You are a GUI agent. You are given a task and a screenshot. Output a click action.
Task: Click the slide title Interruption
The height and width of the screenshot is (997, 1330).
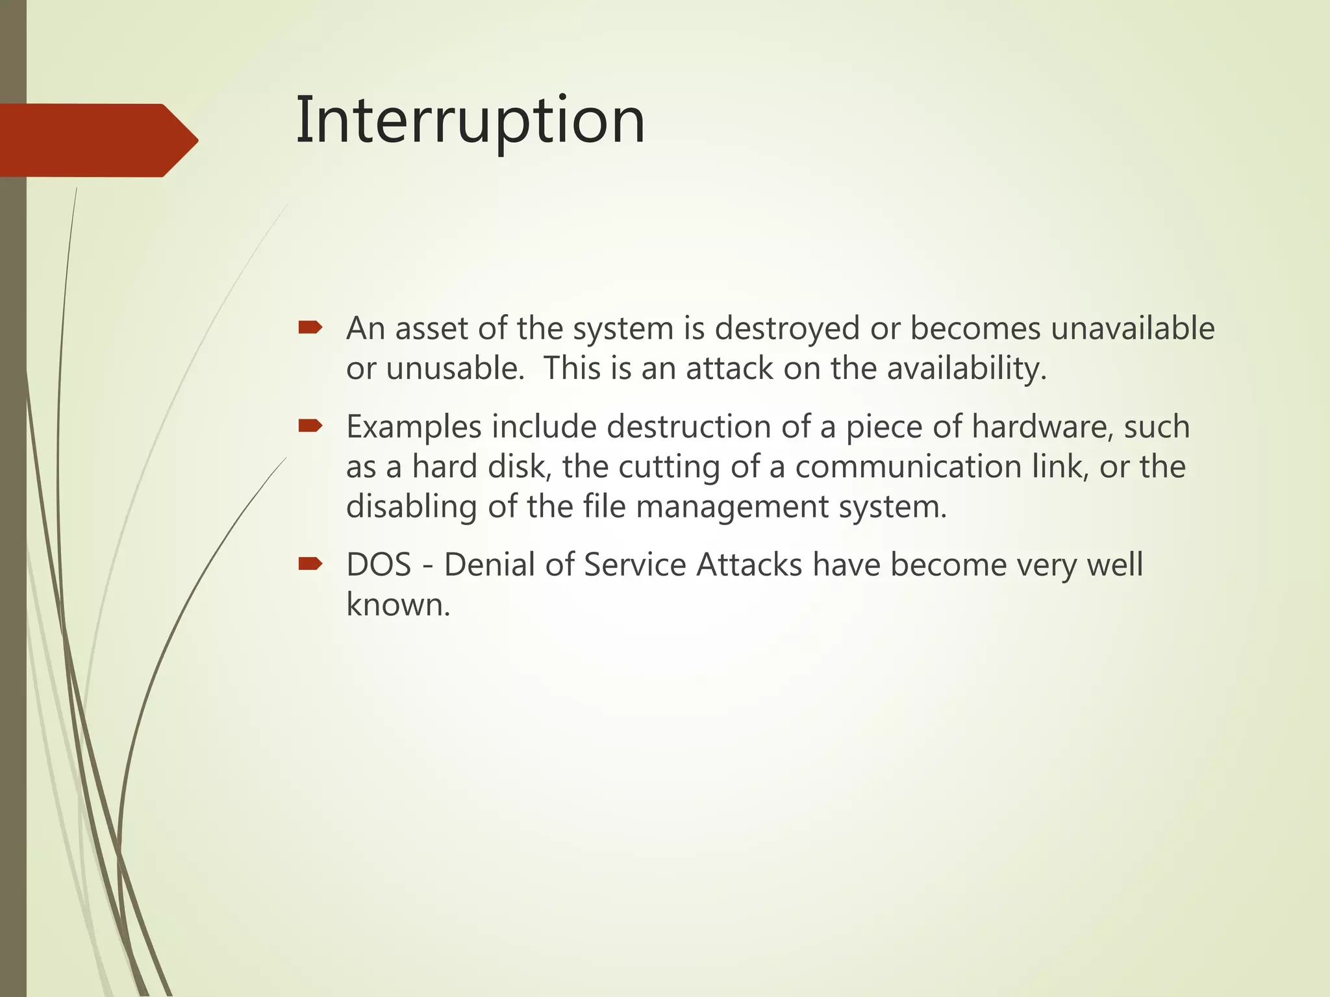tap(470, 121)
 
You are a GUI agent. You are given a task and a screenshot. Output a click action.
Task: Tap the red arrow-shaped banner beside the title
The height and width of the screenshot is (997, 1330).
tap(97, 140)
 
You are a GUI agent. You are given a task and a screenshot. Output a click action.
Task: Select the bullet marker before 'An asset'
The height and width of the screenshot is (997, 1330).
tap(310, 328)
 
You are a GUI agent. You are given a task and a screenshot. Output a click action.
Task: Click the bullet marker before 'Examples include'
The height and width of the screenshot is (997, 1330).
tap(310, 426)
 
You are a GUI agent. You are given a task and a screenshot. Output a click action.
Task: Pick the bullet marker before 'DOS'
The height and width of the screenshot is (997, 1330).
tap(310, 563)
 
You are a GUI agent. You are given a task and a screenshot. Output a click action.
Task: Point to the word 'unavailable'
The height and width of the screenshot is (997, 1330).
tap(1133, 328)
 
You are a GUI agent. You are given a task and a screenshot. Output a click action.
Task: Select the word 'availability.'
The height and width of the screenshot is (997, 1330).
tap(967, 369)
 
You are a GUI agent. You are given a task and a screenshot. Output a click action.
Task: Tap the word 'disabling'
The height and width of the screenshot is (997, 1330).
tap(411, 506)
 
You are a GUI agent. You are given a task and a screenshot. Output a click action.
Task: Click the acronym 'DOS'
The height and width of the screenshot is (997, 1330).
tap(379, 565)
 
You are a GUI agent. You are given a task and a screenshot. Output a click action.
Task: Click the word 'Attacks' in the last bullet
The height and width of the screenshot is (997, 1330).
tap(749, 565)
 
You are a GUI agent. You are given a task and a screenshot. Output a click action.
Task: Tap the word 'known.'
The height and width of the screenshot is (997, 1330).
tap(397, 605)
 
